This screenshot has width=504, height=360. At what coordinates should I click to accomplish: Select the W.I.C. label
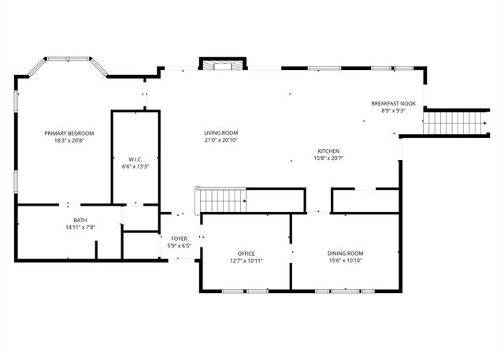pos(135,158)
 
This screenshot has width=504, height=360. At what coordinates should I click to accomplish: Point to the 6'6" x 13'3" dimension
pos(135,166)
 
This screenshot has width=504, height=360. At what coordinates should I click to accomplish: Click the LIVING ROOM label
pos(220,133)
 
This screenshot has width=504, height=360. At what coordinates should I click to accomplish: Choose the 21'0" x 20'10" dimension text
pos(220,141)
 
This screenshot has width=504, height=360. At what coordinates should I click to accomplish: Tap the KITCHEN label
pos(328,150)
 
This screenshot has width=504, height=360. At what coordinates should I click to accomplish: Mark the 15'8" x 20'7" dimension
pos(328,158)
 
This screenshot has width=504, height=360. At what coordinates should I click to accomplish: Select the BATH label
pos(80,220)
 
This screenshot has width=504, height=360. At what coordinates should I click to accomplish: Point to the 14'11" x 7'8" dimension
pos(80,228)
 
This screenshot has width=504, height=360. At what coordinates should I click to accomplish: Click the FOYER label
pos(180,238)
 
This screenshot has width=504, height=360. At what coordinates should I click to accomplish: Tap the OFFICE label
pos(246,253)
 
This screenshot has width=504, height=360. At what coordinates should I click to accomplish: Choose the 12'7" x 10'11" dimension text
pos(246,261)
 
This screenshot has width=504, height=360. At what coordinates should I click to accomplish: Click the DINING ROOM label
pos(345,253)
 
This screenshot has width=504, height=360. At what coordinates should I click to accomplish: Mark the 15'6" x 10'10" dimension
pos(345,261)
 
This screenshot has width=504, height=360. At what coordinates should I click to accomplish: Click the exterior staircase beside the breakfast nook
pos(454,123)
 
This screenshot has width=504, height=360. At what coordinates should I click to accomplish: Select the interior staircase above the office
pos(223,201)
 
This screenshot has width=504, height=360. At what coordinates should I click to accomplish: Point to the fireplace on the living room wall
pos(223,65)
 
